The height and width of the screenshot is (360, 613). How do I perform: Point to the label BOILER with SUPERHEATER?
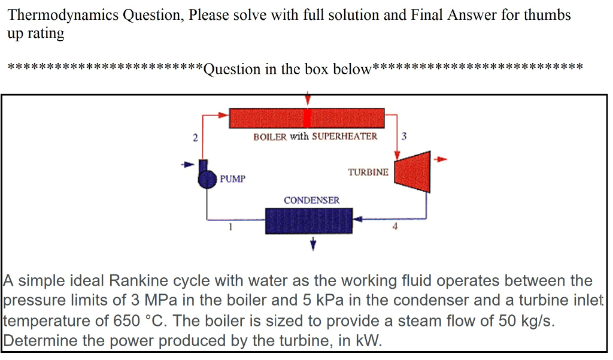tap(315, 137)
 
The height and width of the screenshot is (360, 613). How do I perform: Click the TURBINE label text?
tap(368, 172)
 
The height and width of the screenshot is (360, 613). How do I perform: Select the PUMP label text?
tap(232, 179)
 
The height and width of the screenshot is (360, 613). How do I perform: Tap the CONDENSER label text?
tap(311, 200)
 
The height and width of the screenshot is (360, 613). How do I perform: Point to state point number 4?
tap(394, 226)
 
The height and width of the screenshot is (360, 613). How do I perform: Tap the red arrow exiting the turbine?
tap(441, 159)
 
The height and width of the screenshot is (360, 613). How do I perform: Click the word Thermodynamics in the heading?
tap(63, 15)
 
